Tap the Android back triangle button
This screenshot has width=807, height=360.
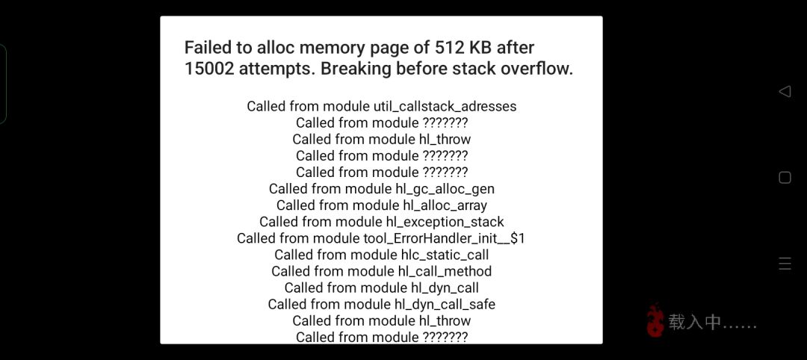[x=785, y=92]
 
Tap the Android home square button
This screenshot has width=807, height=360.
[x=785, y=178]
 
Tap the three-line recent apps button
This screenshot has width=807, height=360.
[x=785, y=264]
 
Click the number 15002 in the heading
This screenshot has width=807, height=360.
[x=209, y=69]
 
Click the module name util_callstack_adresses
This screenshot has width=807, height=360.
[x=445, y=107]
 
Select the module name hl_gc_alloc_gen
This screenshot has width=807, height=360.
[x=445, y=189]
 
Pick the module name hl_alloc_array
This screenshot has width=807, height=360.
[x=445, y=205]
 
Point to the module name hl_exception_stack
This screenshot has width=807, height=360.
[x=445, y=222]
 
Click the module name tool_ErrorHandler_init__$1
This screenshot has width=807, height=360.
[x=444, y=238]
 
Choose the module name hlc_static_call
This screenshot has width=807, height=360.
[x=445, y=255]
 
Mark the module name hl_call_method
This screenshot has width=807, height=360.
[x=445, y=271]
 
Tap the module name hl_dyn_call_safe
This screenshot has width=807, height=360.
[x=445, y=305]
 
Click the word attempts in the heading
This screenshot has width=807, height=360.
[x=275, y=69]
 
